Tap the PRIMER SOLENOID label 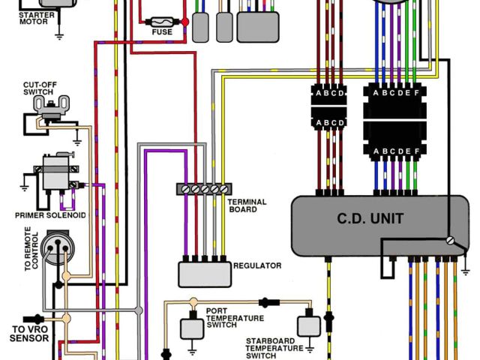click(x=50, y=215)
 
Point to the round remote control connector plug click(x=53, y=247)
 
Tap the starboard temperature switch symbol click(x=307, y=325)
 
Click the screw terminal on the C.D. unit click(x=450, y=241)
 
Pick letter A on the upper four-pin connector click(x=317, y=94)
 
